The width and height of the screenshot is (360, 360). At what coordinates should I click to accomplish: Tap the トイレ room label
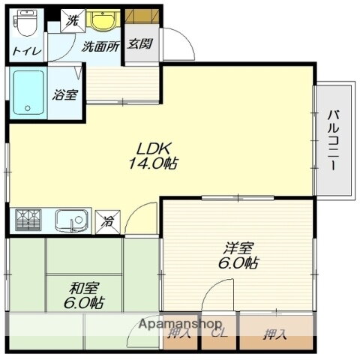pyautogui.click(x=27, y=51)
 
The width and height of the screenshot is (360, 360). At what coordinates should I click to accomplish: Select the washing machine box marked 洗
pyautogui.click(x=73, y=21)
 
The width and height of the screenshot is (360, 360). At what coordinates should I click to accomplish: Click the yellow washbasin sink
pyautogui.click(x=103, y=19)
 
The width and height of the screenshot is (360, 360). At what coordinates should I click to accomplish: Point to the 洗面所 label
pyautogui.click(x=100, y=46)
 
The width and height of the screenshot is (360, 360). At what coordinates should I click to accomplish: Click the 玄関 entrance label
pyautogui.click(x=140, y=44)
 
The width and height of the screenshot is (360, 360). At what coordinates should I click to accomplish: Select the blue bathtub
pyautogui.click(x=28, y=92)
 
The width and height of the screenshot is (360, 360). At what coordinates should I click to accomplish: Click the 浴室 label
pyautogui.click(x=65, y=94)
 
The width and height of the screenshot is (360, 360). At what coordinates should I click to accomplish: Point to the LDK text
pyautogui.click(x=153, y=149)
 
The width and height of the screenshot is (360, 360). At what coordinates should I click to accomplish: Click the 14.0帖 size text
pyautogui.click(x=153, y=163)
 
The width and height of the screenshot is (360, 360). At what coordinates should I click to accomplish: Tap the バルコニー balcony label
pyautogui.click(x=333, y=140)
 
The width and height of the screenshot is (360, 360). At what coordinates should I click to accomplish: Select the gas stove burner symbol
pyautogui.click(x=28, y=220)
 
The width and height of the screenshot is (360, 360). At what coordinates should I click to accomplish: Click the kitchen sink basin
pyautogui.click(x=72, y=220)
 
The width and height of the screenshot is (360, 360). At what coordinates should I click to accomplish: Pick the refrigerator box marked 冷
pyautogui.click(x=108, y=222)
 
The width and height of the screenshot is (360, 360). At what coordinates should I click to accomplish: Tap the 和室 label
pyautogui.click(x=85, y=288)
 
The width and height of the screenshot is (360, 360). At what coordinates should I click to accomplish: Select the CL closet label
pyautogui.click(x=219, y=333)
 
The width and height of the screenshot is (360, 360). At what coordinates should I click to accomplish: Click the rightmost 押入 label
pyautogui.click(x=274, y=334)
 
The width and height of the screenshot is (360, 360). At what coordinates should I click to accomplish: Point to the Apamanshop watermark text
pyautogui.click(x=180, y=324)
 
